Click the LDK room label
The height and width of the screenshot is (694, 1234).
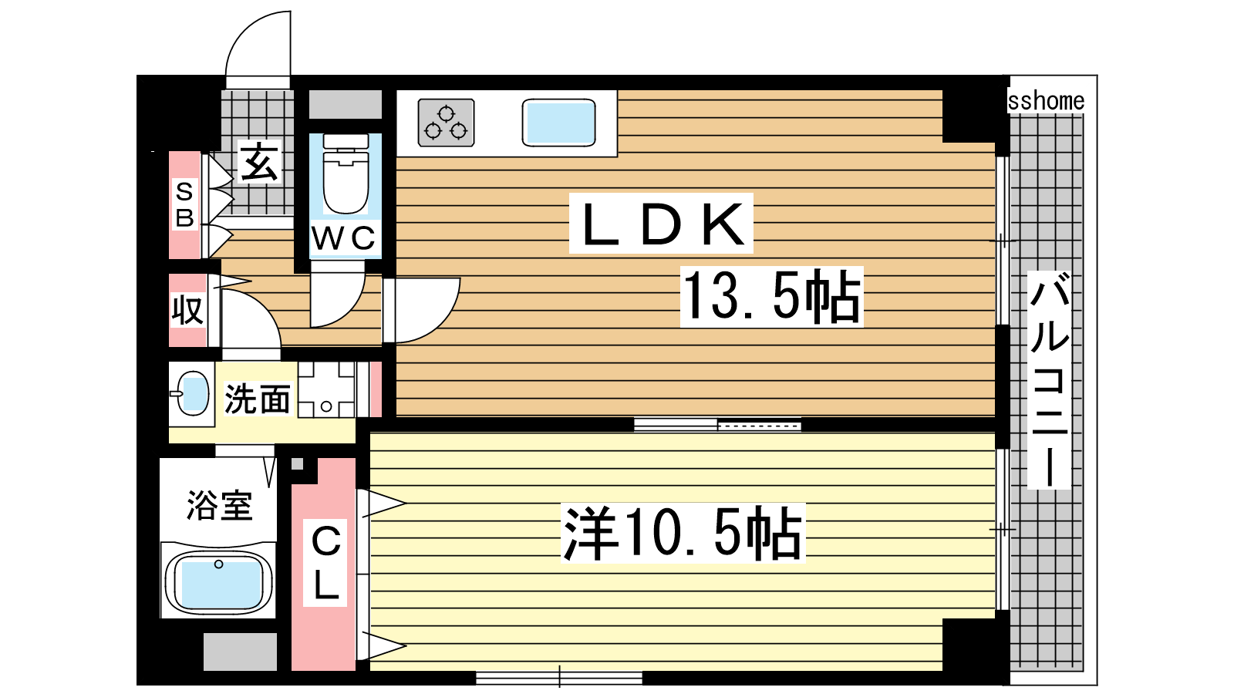pos(661,224)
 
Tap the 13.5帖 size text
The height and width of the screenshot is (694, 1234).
pos(771,296)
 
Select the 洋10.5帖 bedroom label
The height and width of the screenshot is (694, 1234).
pos(683,533)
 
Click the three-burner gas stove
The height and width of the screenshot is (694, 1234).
pos(447,123)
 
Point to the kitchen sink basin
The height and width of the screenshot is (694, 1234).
pos(558,123)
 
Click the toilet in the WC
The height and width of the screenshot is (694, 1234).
pos(346,174)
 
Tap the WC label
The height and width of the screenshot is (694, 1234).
pos(344,238)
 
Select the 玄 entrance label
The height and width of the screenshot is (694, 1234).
pos(259,162)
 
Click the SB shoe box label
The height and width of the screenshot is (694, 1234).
pos(184,205)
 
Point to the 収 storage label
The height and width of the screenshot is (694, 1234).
pos(188,311)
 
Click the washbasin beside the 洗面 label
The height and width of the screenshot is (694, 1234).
pos(191,394)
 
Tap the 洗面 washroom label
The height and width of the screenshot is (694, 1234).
pos(258,399)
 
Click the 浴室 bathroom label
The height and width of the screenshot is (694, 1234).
pos(220,505)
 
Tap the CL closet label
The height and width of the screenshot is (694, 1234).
pos(326,563)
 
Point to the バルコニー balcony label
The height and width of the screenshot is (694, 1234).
pos(1050,380)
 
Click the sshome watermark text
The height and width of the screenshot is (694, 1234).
pos(1046,101)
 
